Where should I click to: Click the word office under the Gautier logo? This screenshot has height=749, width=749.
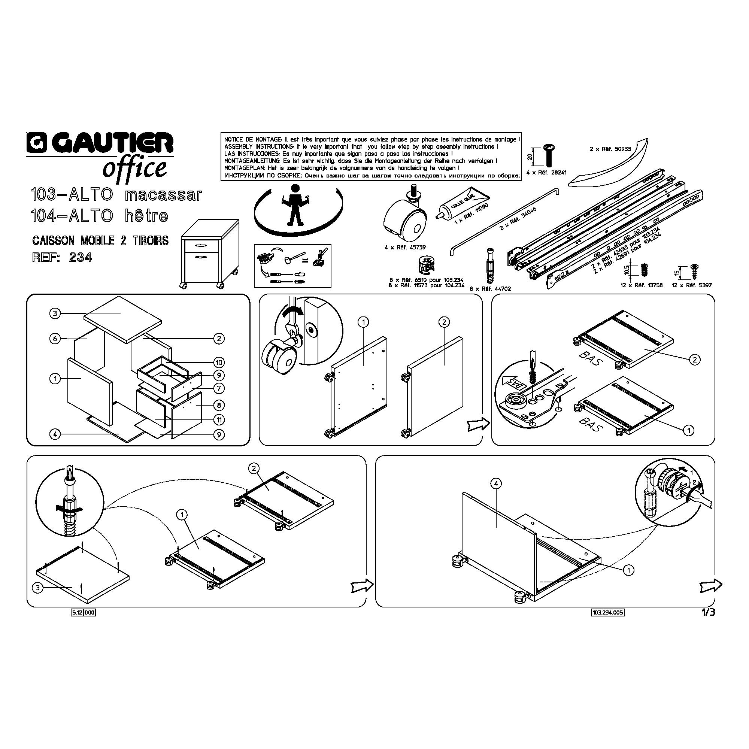(134, 168)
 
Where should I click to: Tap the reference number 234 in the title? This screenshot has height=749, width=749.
(80, 257)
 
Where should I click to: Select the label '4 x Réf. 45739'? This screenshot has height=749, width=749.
(404, 247)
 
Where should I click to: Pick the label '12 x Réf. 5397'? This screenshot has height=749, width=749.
(692, 285)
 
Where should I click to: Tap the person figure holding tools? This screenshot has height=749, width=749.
(295, 205)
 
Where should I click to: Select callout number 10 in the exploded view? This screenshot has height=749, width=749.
(219, 363)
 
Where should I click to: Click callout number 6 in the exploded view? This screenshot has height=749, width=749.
(55, 339)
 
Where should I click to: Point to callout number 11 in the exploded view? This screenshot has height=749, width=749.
(219, 420)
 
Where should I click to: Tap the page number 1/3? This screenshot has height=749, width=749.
(707, 612)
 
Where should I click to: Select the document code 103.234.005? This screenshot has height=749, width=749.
(607, 613)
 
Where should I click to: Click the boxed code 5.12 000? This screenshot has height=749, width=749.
(84, 613)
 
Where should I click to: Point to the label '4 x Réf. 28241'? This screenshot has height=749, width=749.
(546, 173)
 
